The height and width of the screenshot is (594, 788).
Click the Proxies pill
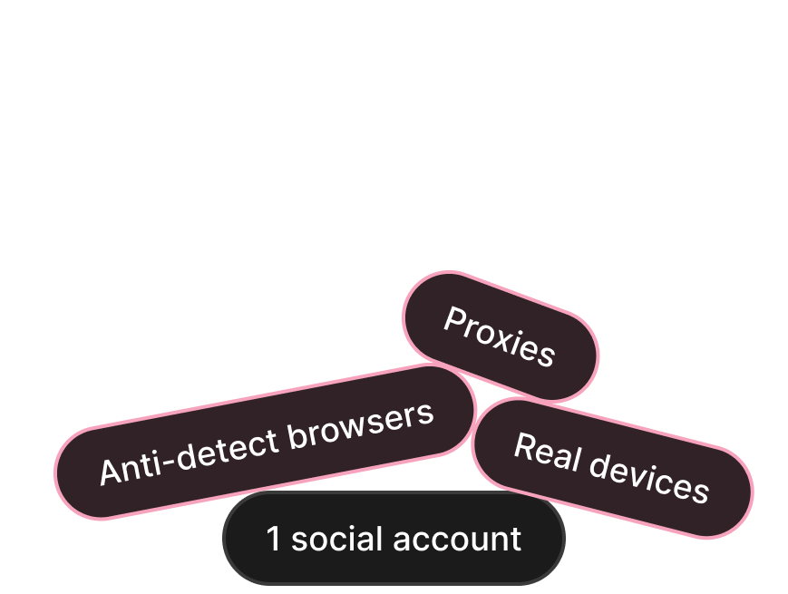point(500,336)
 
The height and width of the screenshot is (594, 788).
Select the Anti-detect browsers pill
point(266,443)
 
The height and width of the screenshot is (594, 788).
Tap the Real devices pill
point(612,468)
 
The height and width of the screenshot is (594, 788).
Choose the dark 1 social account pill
point(394,539)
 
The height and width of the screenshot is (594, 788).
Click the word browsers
point(361,427)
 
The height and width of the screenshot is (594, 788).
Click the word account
point(463,540)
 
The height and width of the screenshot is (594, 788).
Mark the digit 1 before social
point(274,539)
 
